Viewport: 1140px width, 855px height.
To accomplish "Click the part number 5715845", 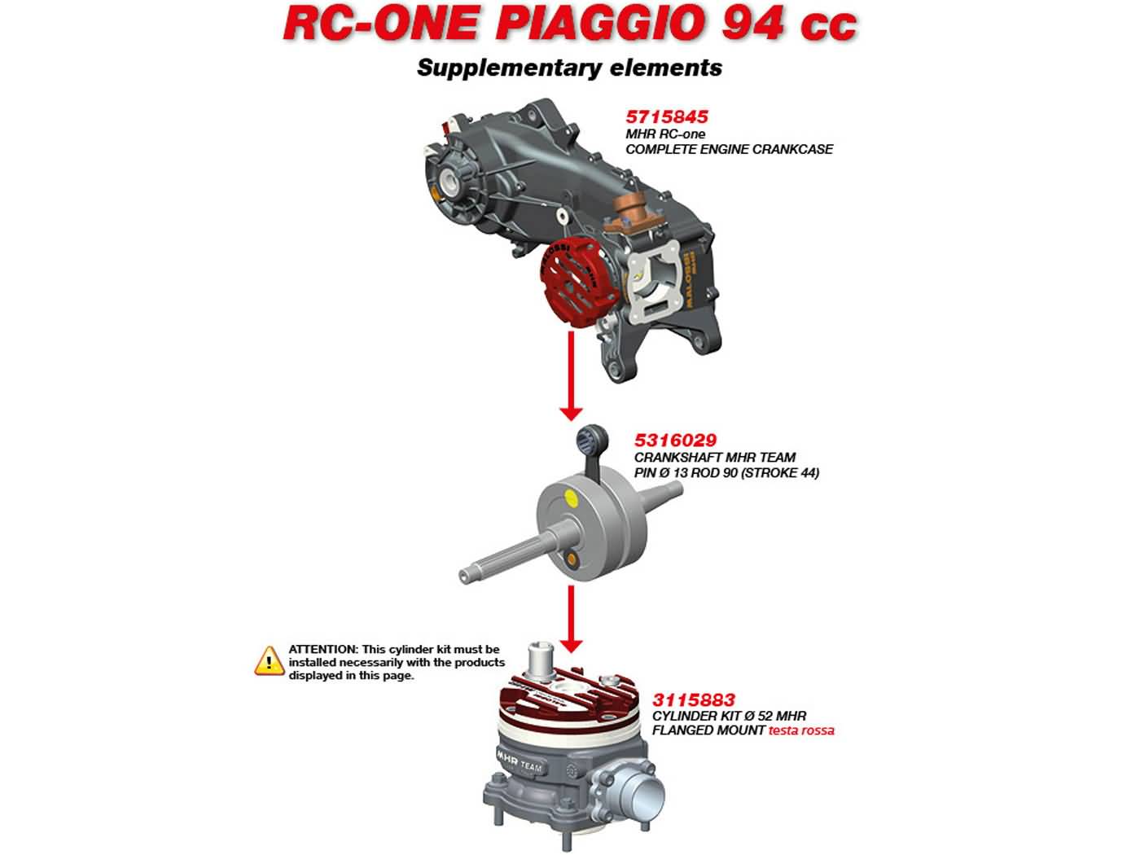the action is click(667, 116).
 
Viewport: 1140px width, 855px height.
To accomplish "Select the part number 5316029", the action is click(675, 441).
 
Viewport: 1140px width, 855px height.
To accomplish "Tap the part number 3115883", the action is click(694, 699).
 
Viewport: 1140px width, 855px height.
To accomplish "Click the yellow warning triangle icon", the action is click(269, 661).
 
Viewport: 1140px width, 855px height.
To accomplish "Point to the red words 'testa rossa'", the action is click(801, 730).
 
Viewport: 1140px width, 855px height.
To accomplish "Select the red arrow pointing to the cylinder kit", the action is click(571, 619).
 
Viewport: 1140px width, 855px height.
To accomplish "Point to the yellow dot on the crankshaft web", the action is click(571, 499).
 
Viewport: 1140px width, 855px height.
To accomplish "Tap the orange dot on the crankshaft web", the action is click(572, 559).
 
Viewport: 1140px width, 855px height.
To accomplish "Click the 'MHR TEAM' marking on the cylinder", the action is click(520, 761).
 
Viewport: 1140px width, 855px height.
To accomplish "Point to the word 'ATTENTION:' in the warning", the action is click(323, 649).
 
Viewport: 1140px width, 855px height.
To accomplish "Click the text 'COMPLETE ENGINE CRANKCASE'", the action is click(729, 150).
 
